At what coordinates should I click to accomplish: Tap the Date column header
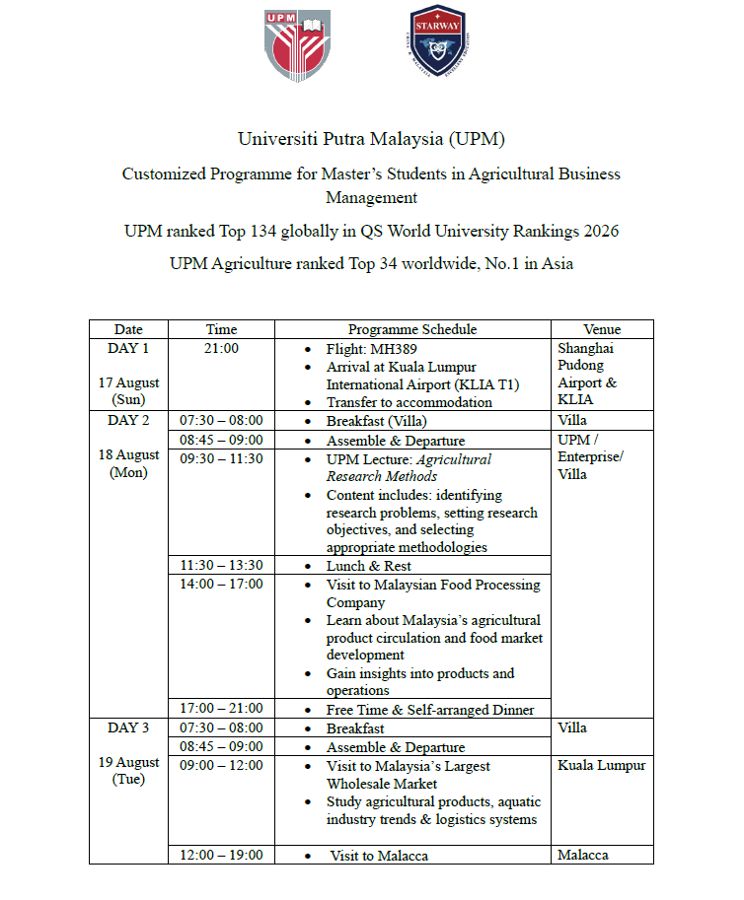pos(128,329)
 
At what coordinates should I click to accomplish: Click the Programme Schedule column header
pos(411,329)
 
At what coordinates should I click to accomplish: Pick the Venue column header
pos(601,329)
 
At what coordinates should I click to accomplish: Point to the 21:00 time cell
pos(221,348)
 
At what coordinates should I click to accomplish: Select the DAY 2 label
pos(128,420)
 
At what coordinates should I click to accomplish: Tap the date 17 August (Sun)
pos(128,391)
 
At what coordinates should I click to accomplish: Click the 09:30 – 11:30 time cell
pos(221,458)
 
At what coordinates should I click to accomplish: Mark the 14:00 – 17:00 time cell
pos(221,584)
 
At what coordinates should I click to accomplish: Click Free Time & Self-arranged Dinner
pos(430,709)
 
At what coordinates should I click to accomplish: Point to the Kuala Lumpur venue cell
pos(601,765)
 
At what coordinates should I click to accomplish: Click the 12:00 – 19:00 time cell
pos(221,855)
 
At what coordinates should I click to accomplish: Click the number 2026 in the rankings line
pos(597,232)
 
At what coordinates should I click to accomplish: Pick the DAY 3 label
pos(128,727)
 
